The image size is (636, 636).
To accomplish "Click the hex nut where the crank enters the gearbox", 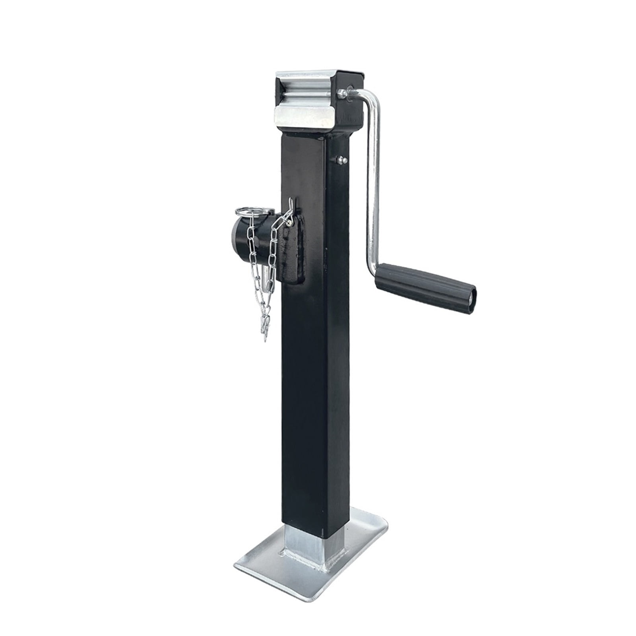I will tap(341, 94).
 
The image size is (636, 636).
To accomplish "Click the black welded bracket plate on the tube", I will tap(294, 254).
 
